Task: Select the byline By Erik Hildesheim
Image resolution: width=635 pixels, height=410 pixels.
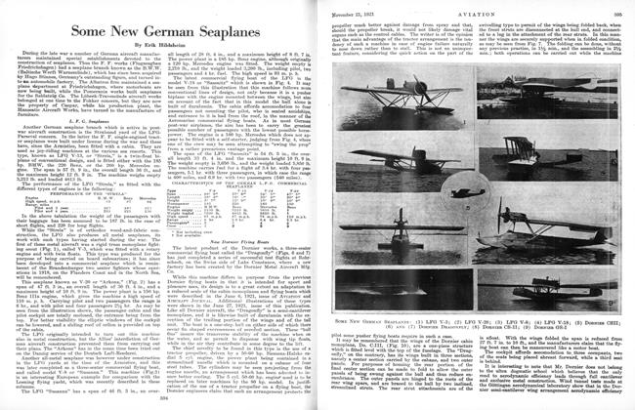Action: [x=158, y=47]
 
